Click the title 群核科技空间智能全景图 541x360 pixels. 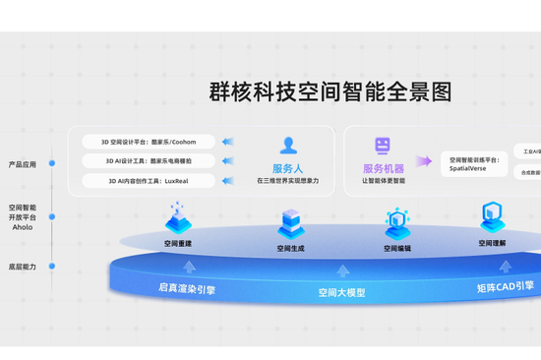point(331,92)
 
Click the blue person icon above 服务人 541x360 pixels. point(288,146)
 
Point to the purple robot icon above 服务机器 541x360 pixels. point(383,146)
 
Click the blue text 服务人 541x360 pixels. point(288,168)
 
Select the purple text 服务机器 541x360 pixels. point(384,168)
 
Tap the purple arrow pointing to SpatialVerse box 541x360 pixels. point(424,161)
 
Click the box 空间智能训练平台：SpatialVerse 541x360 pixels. point(473,163)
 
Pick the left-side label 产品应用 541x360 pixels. point(23,164)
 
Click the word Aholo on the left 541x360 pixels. point(23,226)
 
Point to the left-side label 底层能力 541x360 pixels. point(23,267)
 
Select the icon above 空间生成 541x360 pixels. point(291,223)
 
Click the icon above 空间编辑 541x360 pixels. point(397,224)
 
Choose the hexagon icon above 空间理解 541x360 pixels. point(492,216)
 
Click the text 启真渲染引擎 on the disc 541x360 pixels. point(187,289)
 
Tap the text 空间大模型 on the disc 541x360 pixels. point(341,292)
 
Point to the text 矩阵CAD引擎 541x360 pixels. point(506,287)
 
